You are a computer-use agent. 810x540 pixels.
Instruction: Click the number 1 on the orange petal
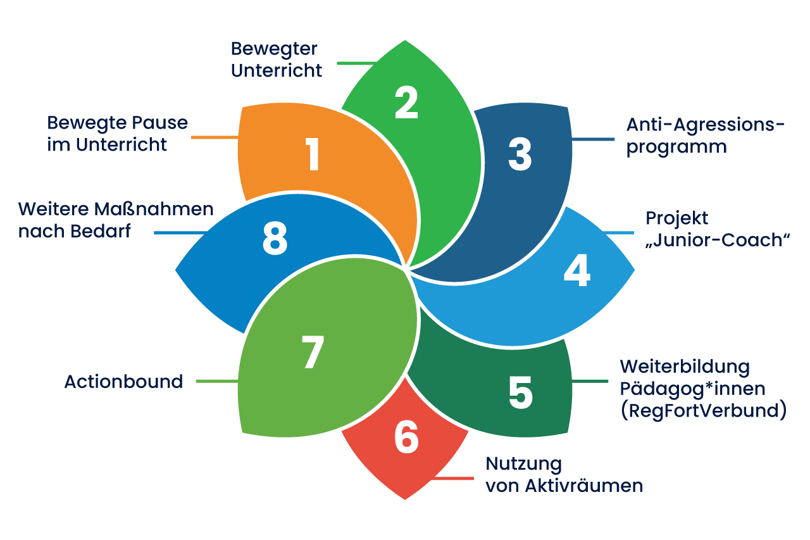pos(313,154)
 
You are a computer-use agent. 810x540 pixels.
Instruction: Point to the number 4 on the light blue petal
pos(576,270)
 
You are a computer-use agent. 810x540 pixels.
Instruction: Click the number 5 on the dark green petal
pos(520,392)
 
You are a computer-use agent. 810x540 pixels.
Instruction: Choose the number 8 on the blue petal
pos(275,239)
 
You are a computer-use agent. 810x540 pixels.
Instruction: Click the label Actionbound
pos(123,382)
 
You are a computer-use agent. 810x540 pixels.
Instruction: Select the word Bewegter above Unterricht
pos(274,49)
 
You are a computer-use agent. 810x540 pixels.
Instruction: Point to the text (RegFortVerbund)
pos(703,411)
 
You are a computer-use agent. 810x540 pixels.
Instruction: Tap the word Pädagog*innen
pos(693,388)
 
